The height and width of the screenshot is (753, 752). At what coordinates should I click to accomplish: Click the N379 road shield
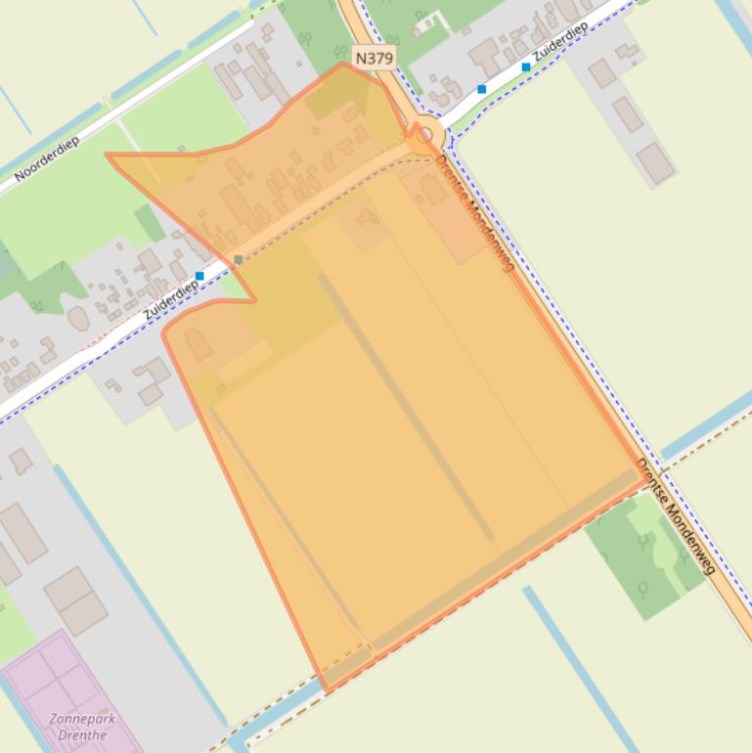[374, 59]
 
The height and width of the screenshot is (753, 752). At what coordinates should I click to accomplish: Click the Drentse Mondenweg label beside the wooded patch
[677, 515]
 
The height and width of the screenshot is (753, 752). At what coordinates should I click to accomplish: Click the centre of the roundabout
[424, 135]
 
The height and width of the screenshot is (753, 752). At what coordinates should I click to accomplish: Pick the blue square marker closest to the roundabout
[481, 89]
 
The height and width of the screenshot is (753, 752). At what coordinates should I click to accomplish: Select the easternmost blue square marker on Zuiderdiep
[526, 67]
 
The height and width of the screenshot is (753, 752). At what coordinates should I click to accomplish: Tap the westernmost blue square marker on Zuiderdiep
[200, 276]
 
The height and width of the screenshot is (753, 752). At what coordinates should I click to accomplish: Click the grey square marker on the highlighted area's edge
[239, 259]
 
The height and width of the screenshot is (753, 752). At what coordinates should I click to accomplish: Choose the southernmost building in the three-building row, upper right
[655, 162]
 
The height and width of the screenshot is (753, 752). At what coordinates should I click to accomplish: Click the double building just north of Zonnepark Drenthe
[75, 598]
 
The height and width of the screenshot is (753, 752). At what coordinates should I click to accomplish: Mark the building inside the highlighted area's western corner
[199, 344]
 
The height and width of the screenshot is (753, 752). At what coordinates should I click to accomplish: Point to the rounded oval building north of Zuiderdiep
[78, 319]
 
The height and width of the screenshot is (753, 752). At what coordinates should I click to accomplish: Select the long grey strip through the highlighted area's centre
[405, 407]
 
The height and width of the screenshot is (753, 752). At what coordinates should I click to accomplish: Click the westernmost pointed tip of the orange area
[108, 155]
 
